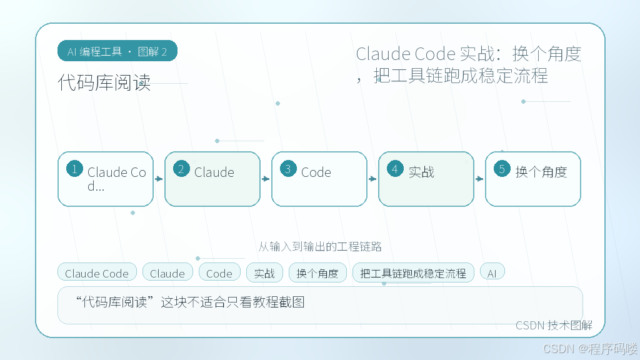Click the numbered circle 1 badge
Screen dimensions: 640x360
click(75, 169)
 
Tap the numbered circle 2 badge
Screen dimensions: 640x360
click(181, 169)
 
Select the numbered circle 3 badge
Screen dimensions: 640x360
click(288, 169)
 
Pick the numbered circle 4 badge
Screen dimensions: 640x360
click(395, 169)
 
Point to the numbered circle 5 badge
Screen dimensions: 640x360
click(502, 169)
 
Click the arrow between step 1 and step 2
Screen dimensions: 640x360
click(159, 179)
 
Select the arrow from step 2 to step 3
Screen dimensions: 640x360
click(266, 179)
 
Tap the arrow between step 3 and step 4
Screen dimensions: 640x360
click(372, 179)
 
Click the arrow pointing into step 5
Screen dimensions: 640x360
click(479, 179)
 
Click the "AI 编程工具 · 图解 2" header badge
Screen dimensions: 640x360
click(117, 51)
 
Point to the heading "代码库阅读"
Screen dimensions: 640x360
click(104, 82)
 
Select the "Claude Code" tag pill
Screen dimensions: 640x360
click(97, 272)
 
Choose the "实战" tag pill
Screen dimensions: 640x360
click(264, 272)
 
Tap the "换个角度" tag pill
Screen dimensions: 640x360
click(317, 272)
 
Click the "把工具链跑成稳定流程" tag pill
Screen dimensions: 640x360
click(413, 272)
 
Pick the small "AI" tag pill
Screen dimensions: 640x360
click(492, 272)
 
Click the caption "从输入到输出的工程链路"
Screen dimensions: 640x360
click(320, 246)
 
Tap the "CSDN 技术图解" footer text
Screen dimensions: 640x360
click(554, 325)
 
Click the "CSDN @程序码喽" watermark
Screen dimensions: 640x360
click(590, 349)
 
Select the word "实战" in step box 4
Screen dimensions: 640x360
click(421, 172)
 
